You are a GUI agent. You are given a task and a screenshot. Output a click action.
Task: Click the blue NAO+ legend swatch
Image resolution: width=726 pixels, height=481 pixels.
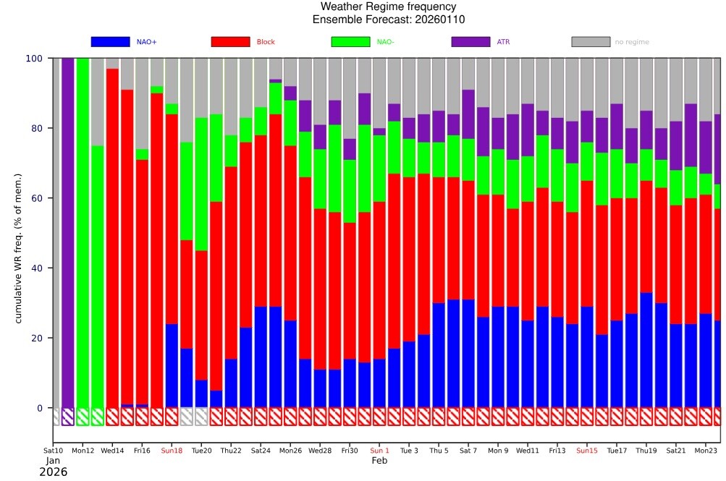110,42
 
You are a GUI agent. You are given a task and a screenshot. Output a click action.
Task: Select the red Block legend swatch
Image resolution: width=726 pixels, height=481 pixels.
230,42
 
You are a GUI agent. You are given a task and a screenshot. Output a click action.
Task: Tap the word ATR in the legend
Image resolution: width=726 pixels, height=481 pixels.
503,42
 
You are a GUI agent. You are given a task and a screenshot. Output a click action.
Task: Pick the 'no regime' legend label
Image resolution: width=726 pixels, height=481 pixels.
632,42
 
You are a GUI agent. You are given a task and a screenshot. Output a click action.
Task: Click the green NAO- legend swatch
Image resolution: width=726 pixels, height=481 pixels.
350,42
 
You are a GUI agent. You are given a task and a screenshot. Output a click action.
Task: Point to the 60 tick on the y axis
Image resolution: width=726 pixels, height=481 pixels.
37,198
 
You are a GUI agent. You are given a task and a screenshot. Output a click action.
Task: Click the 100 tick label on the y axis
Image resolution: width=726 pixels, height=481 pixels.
34,59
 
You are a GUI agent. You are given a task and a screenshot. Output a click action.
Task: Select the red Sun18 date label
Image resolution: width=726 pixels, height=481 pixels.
172,451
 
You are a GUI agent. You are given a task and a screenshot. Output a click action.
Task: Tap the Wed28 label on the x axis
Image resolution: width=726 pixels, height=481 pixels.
320,451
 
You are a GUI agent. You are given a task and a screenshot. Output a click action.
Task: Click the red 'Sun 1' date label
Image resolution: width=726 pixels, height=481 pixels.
379,451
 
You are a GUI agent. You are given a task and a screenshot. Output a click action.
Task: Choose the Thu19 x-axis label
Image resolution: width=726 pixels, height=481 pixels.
646,451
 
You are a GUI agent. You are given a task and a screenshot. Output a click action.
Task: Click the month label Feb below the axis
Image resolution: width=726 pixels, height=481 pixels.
379,461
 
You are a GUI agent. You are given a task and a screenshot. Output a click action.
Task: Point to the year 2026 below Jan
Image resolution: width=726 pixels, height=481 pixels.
54,472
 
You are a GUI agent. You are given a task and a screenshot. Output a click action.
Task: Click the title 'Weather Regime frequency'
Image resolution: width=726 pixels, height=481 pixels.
389,7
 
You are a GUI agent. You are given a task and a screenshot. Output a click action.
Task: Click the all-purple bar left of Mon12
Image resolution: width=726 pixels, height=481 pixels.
67,233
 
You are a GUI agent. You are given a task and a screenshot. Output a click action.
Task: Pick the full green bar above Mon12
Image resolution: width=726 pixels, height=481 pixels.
83,233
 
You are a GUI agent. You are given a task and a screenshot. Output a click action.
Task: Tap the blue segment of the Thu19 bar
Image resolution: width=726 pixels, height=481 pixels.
646,350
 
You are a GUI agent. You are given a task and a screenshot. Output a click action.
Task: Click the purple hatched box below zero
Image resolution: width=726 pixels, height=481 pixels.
67,417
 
